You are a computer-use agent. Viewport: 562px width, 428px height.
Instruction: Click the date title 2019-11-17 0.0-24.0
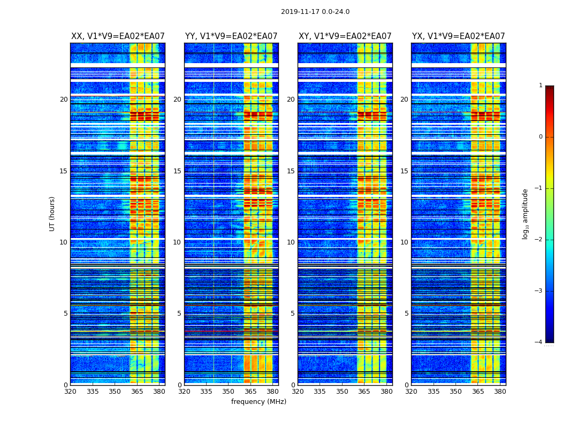point(315,12)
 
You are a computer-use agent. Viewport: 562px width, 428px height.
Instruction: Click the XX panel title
point(118,36)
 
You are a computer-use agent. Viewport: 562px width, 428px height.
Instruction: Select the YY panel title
point(231,36)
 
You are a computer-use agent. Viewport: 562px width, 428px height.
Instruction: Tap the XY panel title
point(345,36)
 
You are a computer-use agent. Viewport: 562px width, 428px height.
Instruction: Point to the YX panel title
point(458,36)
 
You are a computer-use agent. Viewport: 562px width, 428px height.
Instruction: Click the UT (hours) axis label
point(52,213)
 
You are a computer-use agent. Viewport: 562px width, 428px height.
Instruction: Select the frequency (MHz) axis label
point(259,402)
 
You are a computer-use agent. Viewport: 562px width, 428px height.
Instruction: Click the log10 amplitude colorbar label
point(526,213)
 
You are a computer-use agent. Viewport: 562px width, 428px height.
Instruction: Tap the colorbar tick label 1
point(541,86)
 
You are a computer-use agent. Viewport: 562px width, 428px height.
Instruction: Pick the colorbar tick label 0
point(541,137)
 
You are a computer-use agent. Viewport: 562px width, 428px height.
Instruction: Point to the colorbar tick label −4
point(538,342)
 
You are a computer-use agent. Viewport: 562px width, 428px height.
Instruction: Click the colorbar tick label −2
point(538,240)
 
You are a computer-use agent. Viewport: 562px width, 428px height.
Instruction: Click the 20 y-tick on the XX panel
point(64,100)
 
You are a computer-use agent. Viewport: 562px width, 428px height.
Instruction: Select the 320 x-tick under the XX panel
point(70,392)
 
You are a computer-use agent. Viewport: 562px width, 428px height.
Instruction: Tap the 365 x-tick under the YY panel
point(250,392)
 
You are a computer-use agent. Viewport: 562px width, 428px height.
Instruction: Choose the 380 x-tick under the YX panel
point(500,392)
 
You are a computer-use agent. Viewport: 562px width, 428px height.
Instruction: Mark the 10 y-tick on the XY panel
point(291,242)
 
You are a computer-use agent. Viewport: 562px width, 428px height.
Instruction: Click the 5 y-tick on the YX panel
point(407,314)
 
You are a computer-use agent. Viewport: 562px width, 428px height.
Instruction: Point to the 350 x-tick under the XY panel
point(342,392)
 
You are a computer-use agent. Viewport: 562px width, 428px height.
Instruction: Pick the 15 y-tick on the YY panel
point(177,171)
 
